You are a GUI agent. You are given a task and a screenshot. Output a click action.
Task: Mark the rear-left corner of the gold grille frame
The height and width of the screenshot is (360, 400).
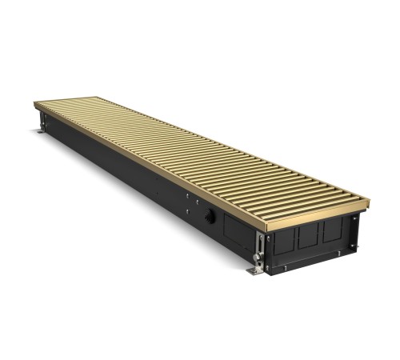(36, 104)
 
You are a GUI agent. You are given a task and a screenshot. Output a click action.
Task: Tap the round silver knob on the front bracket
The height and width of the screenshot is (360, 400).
(257, 257)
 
